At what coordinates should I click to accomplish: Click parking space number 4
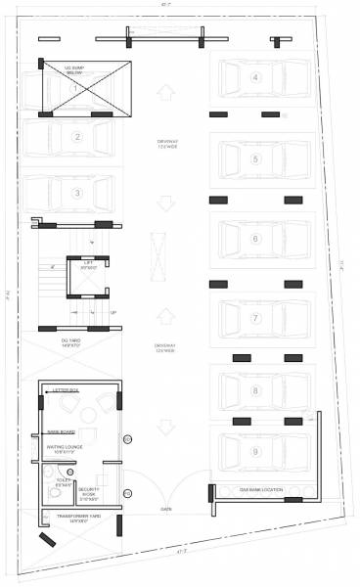click(254, 77)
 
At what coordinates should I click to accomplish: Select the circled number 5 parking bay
click(254, 158)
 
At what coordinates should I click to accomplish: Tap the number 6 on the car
click(254, 239)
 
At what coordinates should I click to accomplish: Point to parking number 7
click(254, 318)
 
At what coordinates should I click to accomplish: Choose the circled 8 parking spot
click(254, 390)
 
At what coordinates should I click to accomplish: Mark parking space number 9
click(254, 451)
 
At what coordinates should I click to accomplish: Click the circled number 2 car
click(76, 136)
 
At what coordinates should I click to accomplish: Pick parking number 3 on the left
click(76, 193)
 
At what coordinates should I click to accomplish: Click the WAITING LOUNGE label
click(69, 449)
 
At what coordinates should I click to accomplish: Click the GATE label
click(166, 510)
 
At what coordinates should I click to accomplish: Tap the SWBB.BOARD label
click(62, 431)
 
